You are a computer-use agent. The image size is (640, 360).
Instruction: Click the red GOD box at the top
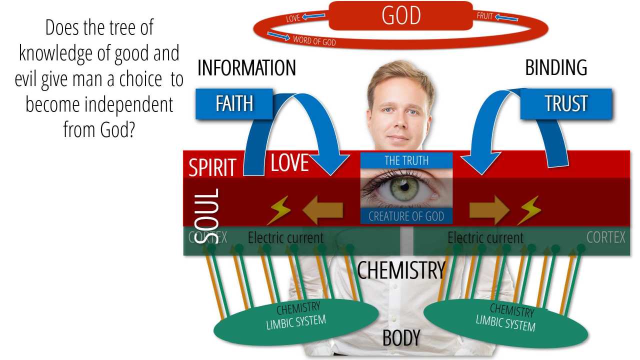pyautogui.click(x=400, y=15)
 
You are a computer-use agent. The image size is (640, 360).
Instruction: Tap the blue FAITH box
pyautogui.click(x=234, y=103)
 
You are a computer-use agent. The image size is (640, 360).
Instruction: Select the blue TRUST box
pyautogui.click(x=566, y=103)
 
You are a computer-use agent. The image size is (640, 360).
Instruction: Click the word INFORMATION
pyautogui.click(x=246, y=68)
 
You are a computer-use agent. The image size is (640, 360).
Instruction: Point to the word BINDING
pyautogui.click(x=556, y=68)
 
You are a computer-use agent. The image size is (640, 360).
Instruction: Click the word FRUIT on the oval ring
pyautogui.click(x=485, y=16)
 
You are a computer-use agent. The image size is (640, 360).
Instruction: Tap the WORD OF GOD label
pyautogui.click(x=314, y=40)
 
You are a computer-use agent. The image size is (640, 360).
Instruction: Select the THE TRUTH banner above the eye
pyautogui.click(x=406, y=160)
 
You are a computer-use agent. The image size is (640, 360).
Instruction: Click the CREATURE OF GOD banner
pyautogui.click(x=406, y=216)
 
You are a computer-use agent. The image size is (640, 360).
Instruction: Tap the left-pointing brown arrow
pyautogui.click(x=322, y=210)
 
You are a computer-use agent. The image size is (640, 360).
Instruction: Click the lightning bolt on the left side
pyautogui.click(x=279, y=210)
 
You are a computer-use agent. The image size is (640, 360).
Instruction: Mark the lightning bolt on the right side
pyautogui.click(x=529, y=210)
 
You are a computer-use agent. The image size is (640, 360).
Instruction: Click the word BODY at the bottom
pyautogui.click(x=401, y=338)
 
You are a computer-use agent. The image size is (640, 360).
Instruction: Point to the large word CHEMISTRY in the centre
pyautogui.click(x=401, y=270)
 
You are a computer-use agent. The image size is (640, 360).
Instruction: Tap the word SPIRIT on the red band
pyautogui.click(x=212, y=168)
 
